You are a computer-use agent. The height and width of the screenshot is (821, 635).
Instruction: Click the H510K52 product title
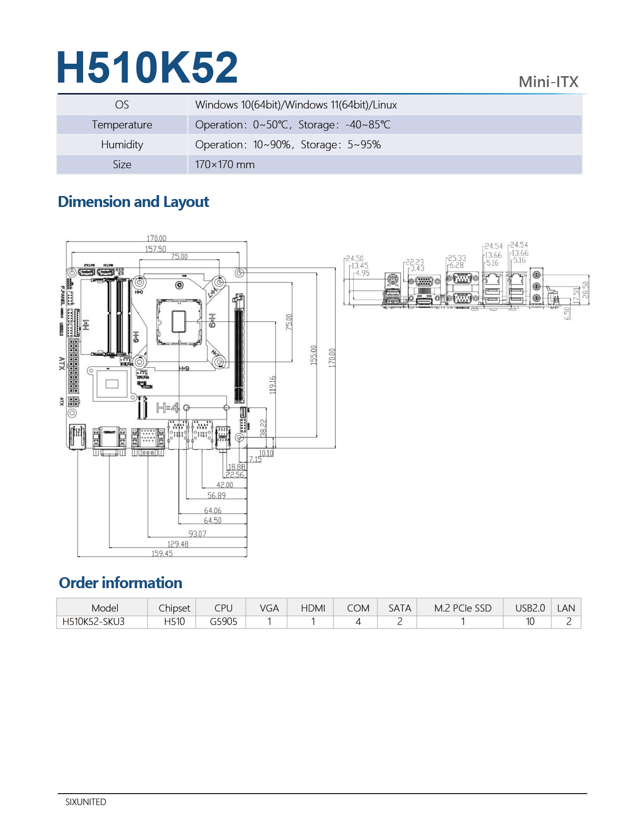click(147, 68)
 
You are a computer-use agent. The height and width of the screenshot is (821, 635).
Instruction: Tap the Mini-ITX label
click(548, 82)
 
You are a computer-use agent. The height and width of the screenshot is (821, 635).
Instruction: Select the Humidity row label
click(122, 145)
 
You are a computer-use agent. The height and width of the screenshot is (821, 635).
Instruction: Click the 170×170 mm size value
click(225, 165)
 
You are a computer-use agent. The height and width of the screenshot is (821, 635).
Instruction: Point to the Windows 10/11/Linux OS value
click(296, 105)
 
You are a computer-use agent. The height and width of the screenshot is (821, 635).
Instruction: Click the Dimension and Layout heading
click(133, 202)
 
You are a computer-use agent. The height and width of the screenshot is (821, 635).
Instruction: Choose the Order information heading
click(121, 583)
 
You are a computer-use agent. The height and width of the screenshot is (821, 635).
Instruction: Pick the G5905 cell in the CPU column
click(223, 621)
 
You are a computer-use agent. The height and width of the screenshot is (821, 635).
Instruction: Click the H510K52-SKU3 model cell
click(94, 621)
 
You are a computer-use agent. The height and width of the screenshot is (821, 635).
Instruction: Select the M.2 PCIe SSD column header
click(463, 608)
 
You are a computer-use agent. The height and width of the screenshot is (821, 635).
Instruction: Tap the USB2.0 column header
click(530, 608)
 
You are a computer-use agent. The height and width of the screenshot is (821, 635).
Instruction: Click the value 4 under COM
click(358, 621)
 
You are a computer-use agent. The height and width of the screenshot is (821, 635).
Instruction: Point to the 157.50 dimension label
click(155, 249)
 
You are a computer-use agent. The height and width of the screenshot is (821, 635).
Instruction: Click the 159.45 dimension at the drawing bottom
click(162, 553)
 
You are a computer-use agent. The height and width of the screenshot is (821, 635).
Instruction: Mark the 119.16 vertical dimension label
click(272, 385)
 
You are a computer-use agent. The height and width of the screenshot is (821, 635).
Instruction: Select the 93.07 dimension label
click(197, 533)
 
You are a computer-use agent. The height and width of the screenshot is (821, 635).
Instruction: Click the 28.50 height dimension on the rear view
click(586, 290)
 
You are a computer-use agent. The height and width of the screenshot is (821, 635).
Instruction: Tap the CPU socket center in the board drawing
click(179, 321)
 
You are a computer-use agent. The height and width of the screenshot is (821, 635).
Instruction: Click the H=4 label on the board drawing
click(167, 409)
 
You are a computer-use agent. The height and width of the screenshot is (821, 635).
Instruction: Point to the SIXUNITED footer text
click(86, 802)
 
